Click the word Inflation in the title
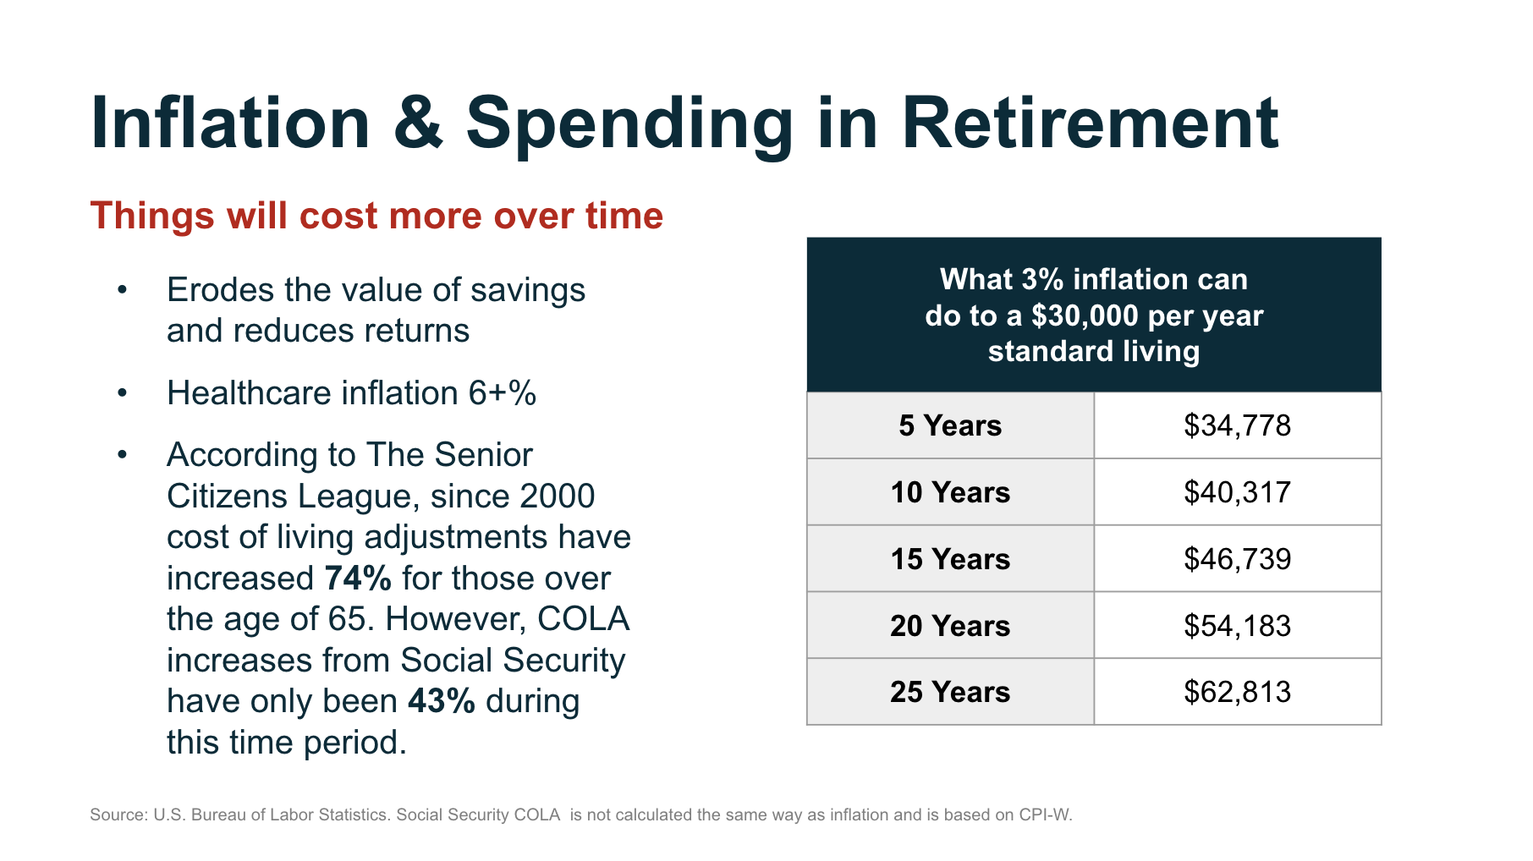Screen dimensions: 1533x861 coord(230,123)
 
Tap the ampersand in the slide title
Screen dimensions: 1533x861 coord(418,123)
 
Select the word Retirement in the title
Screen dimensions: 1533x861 coord(1090,123)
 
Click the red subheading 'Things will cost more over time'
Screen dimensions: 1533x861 coord(376,216)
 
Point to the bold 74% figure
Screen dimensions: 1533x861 coord(358,579)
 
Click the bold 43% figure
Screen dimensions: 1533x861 coord(442,701)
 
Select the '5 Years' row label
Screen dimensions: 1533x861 coord(950,425)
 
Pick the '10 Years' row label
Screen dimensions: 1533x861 coord(950,492)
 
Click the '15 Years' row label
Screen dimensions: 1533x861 coord(950,559)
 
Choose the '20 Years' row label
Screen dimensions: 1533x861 coord(950,626)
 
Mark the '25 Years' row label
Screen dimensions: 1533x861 coord(950,692)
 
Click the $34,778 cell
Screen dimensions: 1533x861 coord(1238,425)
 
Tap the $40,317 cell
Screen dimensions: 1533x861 coord(1238,492)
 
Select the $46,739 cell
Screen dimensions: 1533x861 coord(1238,559)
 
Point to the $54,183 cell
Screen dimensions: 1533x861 coord(1238,626)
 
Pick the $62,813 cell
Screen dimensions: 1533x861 coord(1238,692)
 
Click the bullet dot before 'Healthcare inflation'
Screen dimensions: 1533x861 coord(123,393)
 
